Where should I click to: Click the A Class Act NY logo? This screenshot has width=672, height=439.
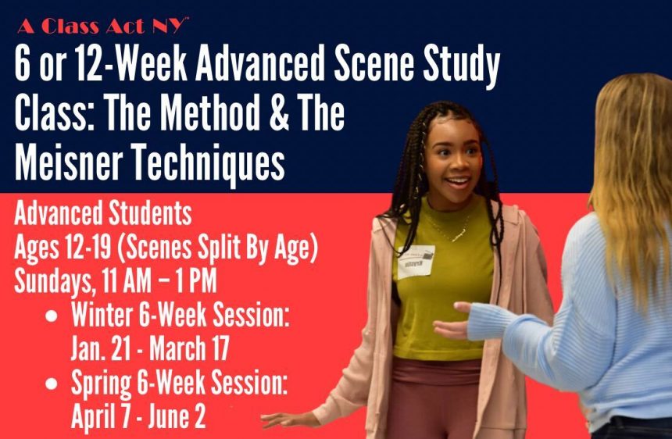(x=103, y=26)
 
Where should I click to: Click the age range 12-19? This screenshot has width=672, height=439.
(x=88, y=248)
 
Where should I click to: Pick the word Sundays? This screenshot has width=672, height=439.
(x=54, y=283)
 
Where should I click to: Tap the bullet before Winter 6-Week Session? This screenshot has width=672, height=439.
(x=51, y=316)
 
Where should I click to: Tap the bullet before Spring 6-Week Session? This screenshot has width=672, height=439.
(x=51, y=384)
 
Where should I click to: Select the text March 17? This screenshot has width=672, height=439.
(x=188, y=348)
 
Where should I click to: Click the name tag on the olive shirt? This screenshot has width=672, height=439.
(x=416, y=262)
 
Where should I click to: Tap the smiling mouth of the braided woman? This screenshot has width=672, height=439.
(x=458, y=181)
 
